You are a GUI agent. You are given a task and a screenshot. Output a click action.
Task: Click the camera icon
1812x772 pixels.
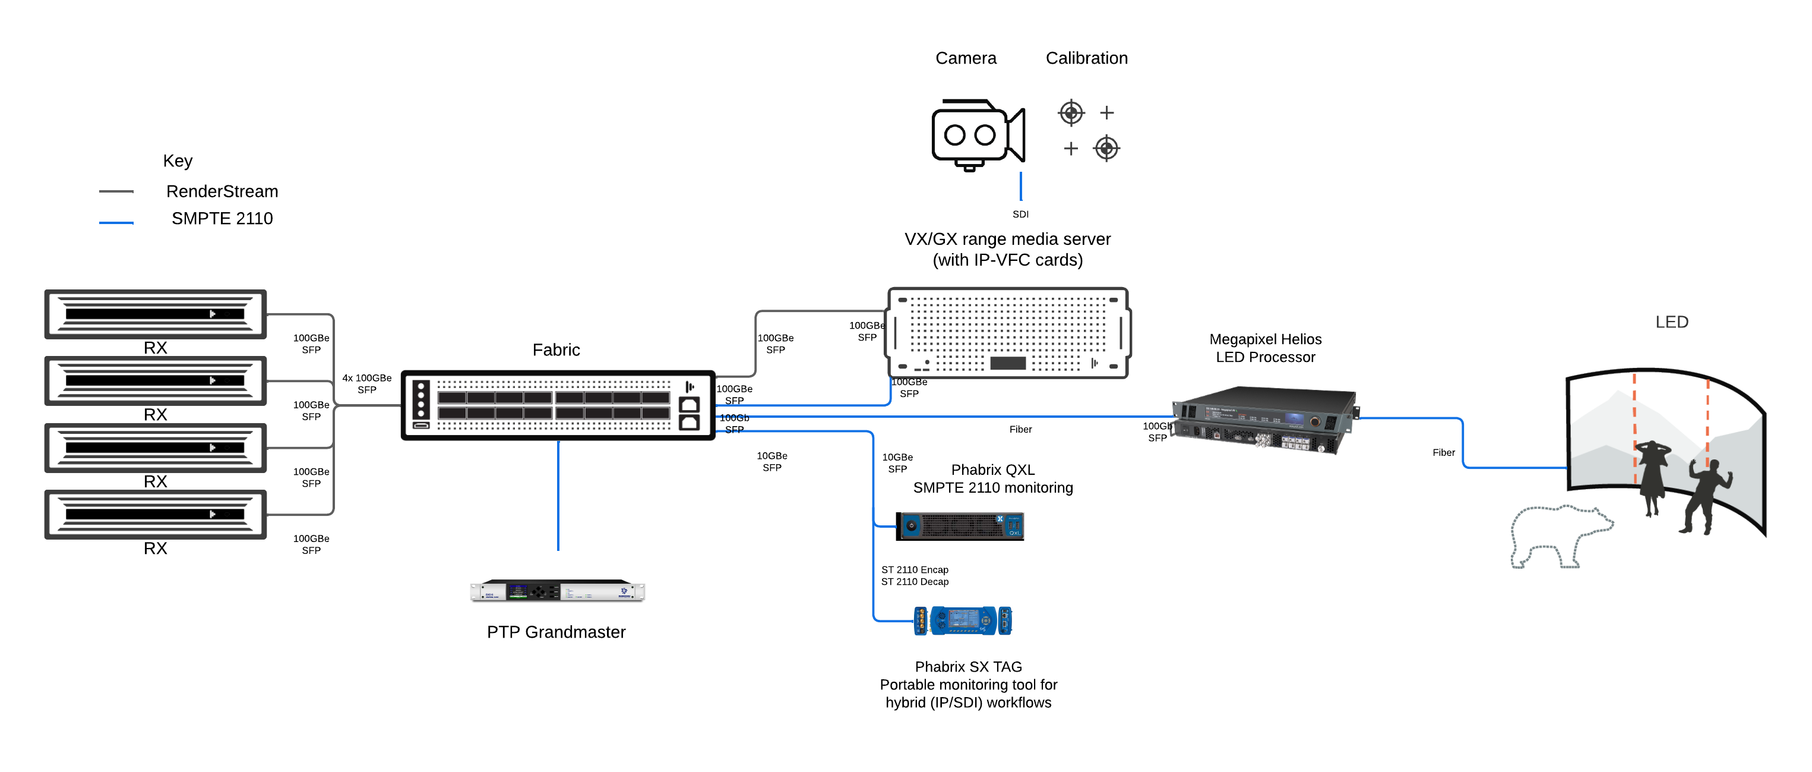coord(977,134)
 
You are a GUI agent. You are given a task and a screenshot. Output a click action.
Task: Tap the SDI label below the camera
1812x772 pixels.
coord(1020,214)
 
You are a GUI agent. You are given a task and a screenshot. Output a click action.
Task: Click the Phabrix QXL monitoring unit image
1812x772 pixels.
coord(960,526)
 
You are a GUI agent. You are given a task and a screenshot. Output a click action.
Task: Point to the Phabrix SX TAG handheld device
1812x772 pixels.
coord(962,620)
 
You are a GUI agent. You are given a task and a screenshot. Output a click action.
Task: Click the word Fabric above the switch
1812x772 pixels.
coord(556,350)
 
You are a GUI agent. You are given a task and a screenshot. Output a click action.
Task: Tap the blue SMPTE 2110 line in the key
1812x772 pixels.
coord(116,222)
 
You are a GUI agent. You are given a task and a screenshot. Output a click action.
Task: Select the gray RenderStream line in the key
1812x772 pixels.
coord(116,191)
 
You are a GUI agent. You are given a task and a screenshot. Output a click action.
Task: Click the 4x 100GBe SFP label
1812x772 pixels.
coord(366,383)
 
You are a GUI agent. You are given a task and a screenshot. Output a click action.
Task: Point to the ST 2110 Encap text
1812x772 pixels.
coord(915,569)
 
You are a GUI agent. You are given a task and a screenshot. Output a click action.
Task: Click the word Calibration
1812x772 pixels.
coord(1086,58)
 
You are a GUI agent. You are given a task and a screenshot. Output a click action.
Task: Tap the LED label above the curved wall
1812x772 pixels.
coord(1671,322)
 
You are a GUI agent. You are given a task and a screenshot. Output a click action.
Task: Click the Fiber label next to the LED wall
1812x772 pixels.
coord(1443,452)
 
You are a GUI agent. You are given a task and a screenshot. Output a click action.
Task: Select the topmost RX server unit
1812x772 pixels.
coord(156,314)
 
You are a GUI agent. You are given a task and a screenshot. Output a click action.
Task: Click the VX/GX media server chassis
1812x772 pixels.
coord(1008,333)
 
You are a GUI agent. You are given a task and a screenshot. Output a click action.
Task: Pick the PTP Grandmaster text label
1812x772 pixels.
coord(556,632)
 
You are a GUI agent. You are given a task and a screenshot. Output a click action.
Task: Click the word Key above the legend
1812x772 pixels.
coord(177,161)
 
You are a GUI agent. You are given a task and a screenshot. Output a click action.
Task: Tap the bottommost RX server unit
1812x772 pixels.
coord(156,515)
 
